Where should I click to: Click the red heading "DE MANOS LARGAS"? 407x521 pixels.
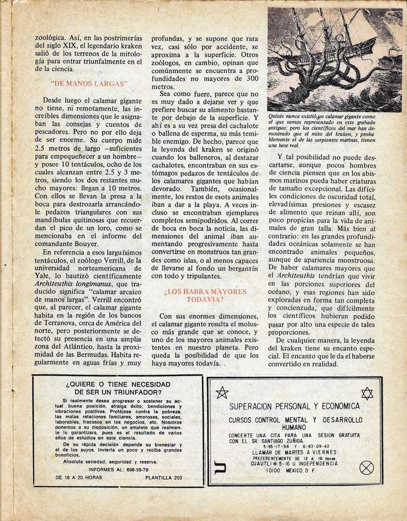click(89, 83)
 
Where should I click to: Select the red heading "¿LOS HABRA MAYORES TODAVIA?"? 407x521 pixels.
click(205, 296)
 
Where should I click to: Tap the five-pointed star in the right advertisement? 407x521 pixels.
click(222, 392)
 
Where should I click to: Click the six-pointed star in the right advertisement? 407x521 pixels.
click(367, 393)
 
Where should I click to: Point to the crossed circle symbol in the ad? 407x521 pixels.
click(366, 468)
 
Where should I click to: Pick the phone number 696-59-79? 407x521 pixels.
click(139, 470)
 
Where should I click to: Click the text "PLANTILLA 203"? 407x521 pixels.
click(164, 478)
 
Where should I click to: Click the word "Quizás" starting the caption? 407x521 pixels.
click(278, 116)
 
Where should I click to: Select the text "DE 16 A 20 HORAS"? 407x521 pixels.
click(78, 478)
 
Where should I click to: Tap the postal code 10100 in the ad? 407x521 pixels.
click(274, 471)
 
